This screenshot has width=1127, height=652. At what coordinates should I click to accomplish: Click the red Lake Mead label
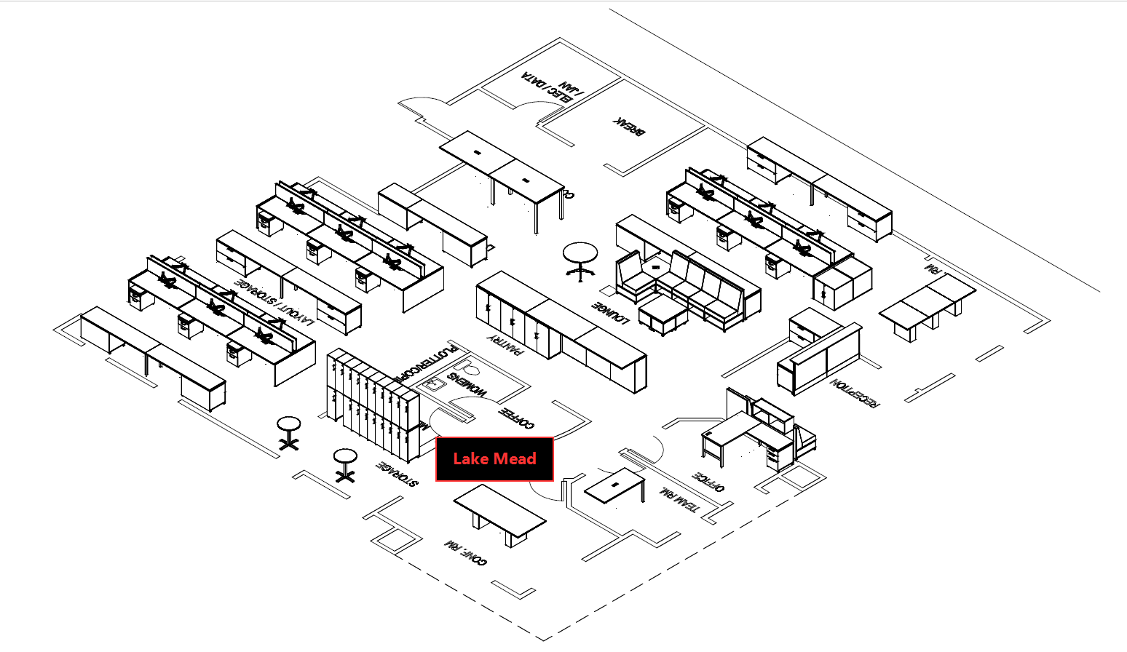click(x=494, y=459)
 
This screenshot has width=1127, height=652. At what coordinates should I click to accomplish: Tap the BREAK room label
click(x=629, y=127)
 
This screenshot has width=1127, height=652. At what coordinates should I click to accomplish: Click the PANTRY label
click(x=505, y=344)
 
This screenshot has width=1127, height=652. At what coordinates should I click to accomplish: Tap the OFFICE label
click(x=708, y=482)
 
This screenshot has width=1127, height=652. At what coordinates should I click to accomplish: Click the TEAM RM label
click(x=679, y=501)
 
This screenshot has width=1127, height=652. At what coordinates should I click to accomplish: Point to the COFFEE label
click(x=516, y=418)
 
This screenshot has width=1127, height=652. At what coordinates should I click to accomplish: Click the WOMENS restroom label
click(x=467, y=385)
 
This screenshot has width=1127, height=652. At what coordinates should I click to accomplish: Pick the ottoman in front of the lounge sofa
click(x=663, y=314)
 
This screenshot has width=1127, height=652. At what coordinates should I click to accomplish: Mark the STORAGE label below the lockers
click(x=397, y=473)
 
